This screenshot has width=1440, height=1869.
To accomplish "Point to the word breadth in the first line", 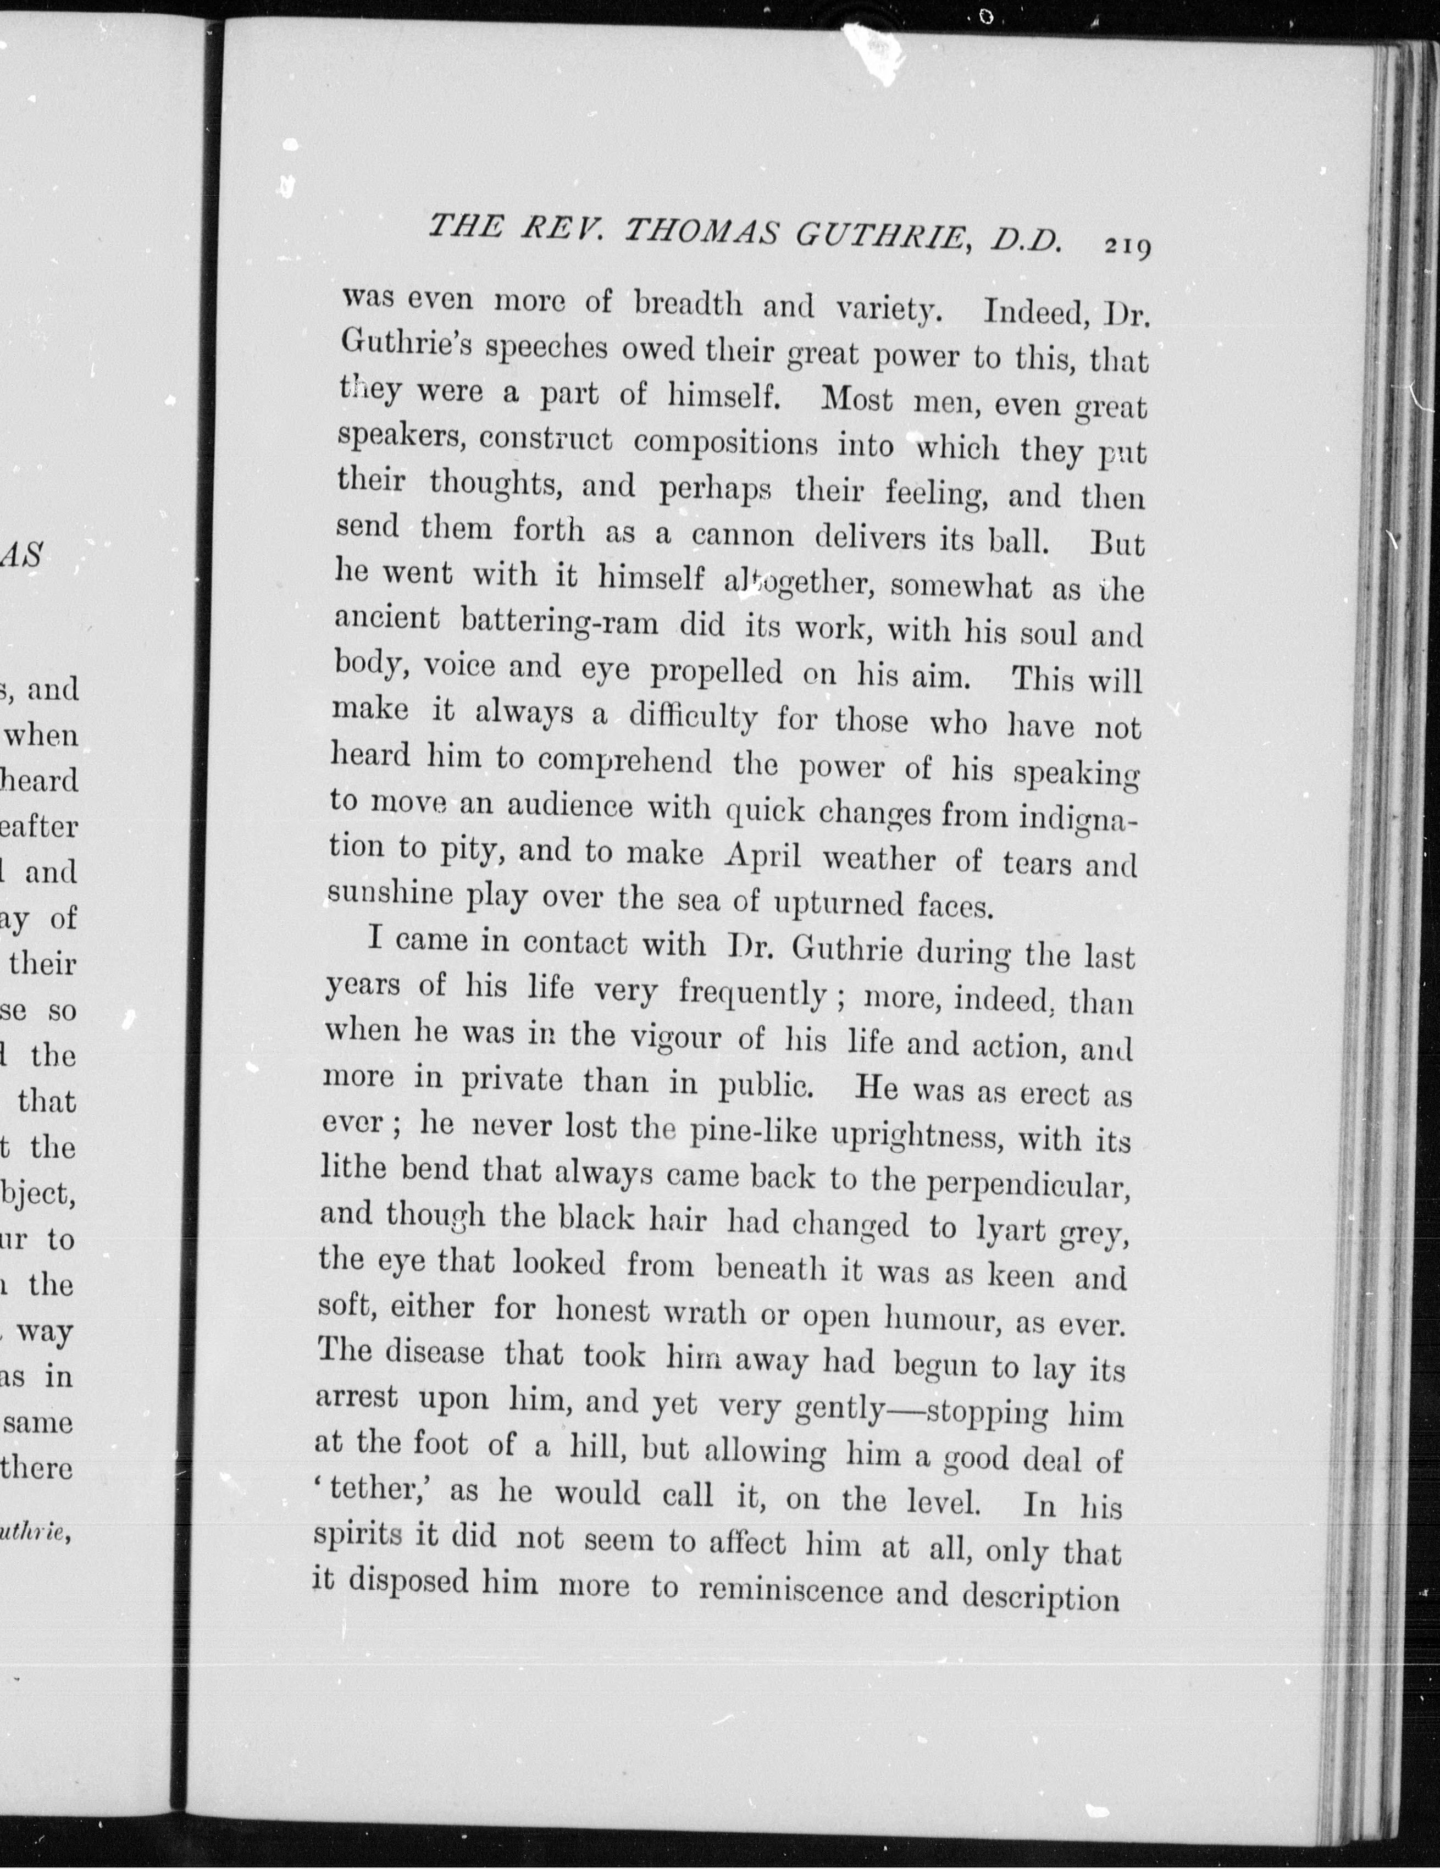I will pyautogui.click(x=689, y=304).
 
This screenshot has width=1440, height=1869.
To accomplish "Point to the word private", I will pyautogui.click(x=512, y=1080).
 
